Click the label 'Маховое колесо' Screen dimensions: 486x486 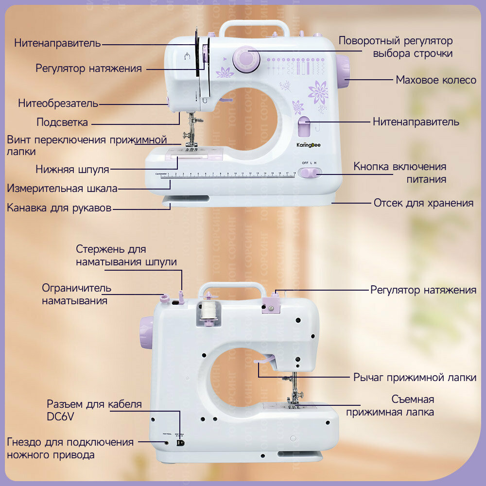coord(436,80)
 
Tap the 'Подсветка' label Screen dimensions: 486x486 coord(62,122)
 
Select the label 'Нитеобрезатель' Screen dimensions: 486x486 coord(58,104)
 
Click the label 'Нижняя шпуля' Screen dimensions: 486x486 coord(72,170)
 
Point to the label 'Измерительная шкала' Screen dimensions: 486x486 coord(62,189)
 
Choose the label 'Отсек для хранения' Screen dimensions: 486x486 coord(423,203)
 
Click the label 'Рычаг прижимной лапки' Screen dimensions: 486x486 coord(415,378)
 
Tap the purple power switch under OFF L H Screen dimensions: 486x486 coord(310,173)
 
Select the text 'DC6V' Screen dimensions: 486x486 coord(61,417)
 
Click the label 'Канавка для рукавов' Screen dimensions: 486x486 coord(59,208)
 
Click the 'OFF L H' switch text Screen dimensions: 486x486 coord(309,162)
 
